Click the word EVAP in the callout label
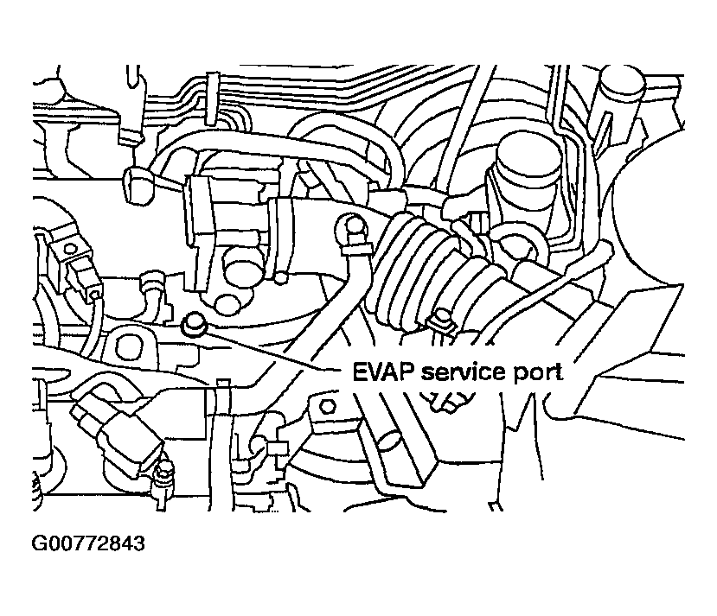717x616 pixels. [x=381, y=372]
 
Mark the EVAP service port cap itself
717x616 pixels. [x=192, y=326]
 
